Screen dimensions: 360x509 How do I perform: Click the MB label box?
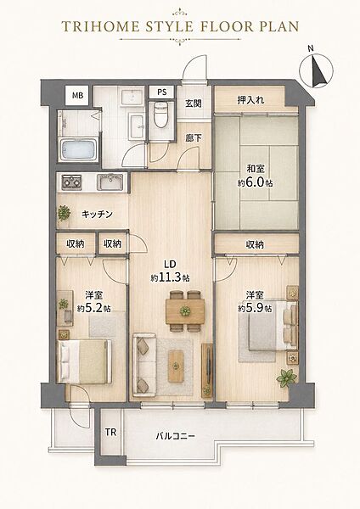coord(77,95)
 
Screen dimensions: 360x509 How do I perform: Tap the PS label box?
coord(162,92)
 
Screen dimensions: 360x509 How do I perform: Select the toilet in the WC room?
coord(160,115)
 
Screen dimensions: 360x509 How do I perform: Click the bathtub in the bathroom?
coord(79,149)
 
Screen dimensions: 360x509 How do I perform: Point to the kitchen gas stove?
coord(72,182)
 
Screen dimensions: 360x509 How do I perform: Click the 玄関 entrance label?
coord(194,103)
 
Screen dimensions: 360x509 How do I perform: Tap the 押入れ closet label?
coord(250,99)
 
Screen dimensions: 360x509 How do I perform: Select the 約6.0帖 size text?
coord(255,182)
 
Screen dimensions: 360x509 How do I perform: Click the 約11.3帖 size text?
coord(171,277)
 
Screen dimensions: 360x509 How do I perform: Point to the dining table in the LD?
coord(185,311)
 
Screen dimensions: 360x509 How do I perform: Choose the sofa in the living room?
coord(144,365)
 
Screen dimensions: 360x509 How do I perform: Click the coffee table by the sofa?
coord(176,366)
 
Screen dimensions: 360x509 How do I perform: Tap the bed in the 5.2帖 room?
coord(84,361)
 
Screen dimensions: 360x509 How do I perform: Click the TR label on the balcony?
coord(110,432)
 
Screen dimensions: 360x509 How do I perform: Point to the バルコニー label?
coord(176,436)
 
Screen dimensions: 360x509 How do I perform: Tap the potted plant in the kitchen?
coord(64,213)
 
